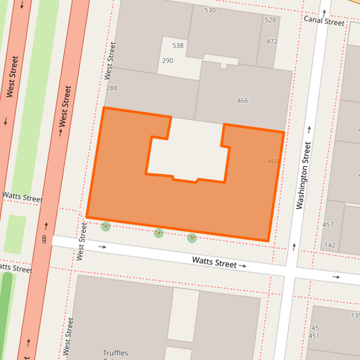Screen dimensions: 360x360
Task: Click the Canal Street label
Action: (324, 22)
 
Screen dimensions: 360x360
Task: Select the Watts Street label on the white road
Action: (214, 262)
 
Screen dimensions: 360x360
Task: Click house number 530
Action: (210, 10)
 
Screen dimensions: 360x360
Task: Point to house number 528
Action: (270, 20)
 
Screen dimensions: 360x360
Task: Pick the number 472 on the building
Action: (272, 42)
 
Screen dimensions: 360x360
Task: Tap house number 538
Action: (178, 46)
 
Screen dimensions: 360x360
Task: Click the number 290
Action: (167, 61)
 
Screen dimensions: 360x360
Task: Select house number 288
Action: (111, 88)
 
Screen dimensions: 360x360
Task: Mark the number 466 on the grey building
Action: (242, 101)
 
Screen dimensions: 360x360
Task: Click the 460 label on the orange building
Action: (273, 161)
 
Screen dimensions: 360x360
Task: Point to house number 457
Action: (328, 224)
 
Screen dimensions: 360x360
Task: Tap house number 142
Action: (330, 245)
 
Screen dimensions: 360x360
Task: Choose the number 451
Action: (314, 336)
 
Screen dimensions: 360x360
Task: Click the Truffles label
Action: (115, 353)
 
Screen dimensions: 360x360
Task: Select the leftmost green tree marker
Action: (105, 226)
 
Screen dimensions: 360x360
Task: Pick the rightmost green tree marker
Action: (192, 238)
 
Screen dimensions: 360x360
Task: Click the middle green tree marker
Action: (159, 233)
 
